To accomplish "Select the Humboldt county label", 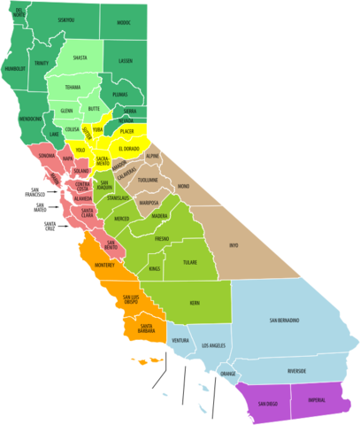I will (16, 67).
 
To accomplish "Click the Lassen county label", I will (125, 60).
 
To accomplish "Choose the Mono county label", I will (183, 187).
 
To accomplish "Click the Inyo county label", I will (234, 244).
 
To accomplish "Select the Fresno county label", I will (161, 239).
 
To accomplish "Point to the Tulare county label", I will (188, 262).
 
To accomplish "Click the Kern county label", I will (195, 303).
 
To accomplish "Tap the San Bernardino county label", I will (284, 320).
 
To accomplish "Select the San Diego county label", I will (266, 404).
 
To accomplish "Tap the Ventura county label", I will (180, 340).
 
